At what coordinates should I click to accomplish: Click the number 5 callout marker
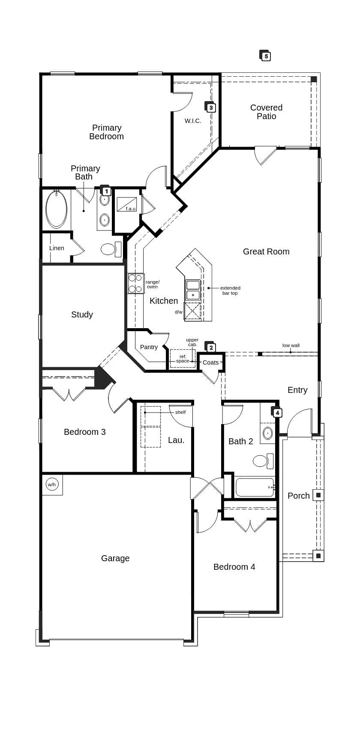tap(265, 56)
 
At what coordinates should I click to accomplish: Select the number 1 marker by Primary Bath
tap(105, 191)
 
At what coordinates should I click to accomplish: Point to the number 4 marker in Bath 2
tap(276, 412)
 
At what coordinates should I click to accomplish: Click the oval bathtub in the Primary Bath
tap(57, 209)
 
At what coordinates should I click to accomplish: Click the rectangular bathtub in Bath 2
tap(255, 487)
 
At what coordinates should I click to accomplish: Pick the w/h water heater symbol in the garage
tap(52, 485)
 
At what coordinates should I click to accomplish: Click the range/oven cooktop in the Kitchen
tap(135, 284)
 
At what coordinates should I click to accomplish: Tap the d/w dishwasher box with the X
tap(192, 311)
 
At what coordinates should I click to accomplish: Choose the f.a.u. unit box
tap(127, 204)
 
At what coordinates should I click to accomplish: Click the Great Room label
tap(266, 251)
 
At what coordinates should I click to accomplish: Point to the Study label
tap(82, 314)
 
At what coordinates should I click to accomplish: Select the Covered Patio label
tap(266, 112)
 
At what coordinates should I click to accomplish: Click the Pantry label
tap(149, 347)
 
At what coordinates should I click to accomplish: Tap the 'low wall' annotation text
tap(291, 345)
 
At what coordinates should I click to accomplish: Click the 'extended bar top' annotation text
tap(230, 290)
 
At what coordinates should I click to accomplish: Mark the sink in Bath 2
tap(268, 433)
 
